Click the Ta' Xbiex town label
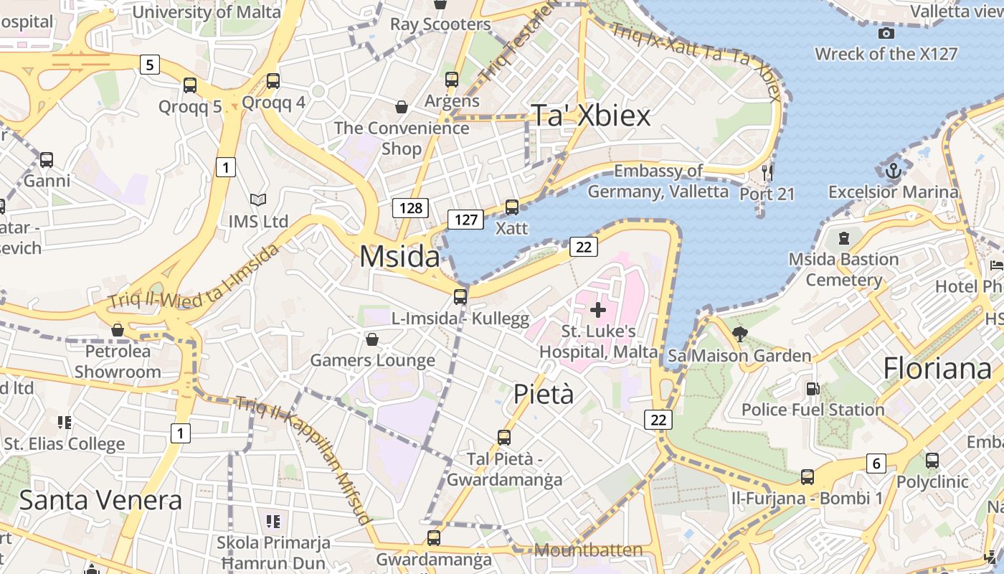point(590,116)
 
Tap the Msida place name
point(399,256)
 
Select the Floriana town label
point(937,368)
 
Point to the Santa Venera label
point(100,499)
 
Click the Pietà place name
point(544,394)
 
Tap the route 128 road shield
point(410,208)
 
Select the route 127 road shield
point(466,220)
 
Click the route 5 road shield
point(148,65)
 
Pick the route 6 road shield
point(876,464)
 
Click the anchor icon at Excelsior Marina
point(893,171)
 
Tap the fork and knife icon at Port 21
point(767,172)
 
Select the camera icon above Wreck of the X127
point(886,33)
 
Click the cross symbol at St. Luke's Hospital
point(597,310)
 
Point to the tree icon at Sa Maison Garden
point(739,334)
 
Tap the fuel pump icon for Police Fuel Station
point(813,389)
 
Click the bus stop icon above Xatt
point(511,207)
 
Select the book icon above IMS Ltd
point(257,199)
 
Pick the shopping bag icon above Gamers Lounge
point(371,339)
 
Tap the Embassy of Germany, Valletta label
point(658,181)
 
